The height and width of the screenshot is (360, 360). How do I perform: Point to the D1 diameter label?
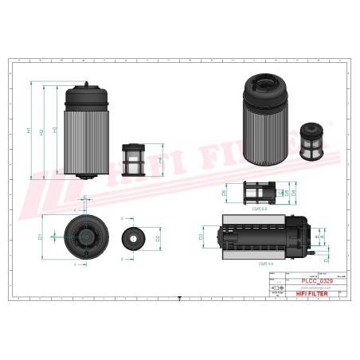pos(40,236)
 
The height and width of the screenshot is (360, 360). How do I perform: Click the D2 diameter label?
pos(159,237)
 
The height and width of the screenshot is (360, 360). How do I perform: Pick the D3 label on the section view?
pos(202,236)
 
